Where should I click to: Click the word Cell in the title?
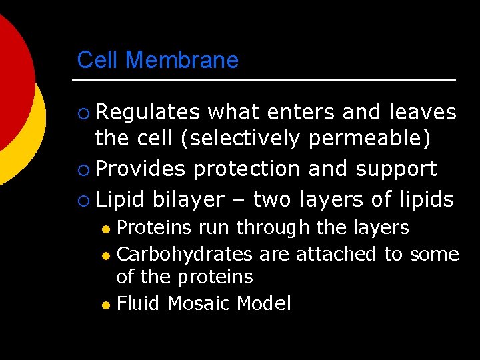pyautogui.click(x=98, y=60)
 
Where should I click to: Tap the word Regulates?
pyautogui.click(x=147, y=112)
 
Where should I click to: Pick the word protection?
pyautogui.click(x=246, y=169)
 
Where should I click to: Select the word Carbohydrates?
pyautogui.click(x=185, y=254)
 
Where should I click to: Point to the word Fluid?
pyautogui.click(x=139, y=304)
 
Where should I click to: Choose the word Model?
pyautogui.click(x=264, y=304)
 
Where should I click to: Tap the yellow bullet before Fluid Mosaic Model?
pyautogui.click(x=105, y=305)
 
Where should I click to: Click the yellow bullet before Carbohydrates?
pyautogui.click(x=105, y=255)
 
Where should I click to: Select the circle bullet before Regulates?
pyautogui.click(x=82, y=113)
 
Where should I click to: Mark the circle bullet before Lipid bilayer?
pyautogui.click(x=82, y=199)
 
